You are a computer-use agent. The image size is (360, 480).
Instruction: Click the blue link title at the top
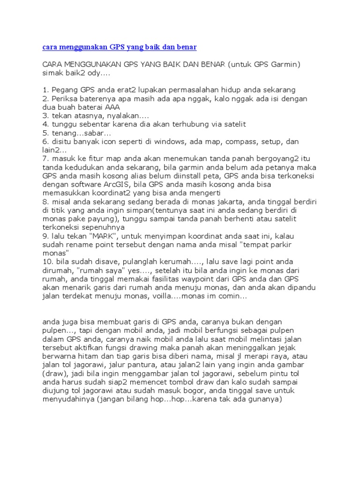click(120, 47)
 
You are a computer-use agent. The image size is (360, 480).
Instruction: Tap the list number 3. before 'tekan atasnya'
click(45, 115)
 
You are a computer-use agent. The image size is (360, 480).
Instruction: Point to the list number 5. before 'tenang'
click(45, 133)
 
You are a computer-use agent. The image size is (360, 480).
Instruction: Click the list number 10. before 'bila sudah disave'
click(47, 262)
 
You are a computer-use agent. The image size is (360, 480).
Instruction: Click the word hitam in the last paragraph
click(86, 356)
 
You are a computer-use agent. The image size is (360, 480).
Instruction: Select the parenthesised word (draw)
click(54, 374)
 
